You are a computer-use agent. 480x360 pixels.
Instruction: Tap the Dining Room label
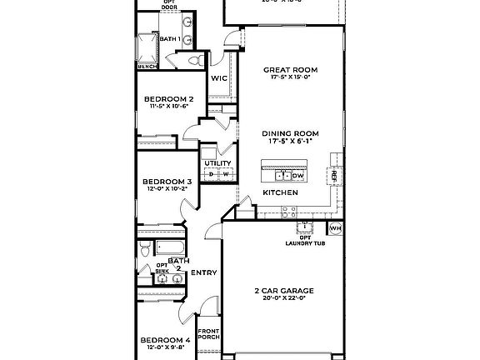click(x=291, y=133)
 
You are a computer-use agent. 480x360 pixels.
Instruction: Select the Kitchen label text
click(x=281, y=192)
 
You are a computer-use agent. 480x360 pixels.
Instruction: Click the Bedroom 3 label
click(x=167, y=181)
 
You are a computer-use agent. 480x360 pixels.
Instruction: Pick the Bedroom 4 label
click(x=165, y=340)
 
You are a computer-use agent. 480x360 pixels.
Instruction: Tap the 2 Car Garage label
click(x=283, y=291)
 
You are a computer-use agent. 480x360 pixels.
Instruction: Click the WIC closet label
click(x=219, y=78)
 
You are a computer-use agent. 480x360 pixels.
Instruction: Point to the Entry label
click(x=204, y=272)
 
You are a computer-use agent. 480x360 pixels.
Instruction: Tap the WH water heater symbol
click(x=336, y=227)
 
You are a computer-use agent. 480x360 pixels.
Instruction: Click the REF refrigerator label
click(x=335, y=177)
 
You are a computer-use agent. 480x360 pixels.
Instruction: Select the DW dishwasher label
click(x=297, y=176)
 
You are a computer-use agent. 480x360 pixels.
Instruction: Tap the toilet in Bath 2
click(x=145, y=248)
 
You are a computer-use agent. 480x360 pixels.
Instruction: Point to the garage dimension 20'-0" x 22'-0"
click(x=283, y=298)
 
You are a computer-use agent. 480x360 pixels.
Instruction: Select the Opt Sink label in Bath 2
click(x=162, y=268)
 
